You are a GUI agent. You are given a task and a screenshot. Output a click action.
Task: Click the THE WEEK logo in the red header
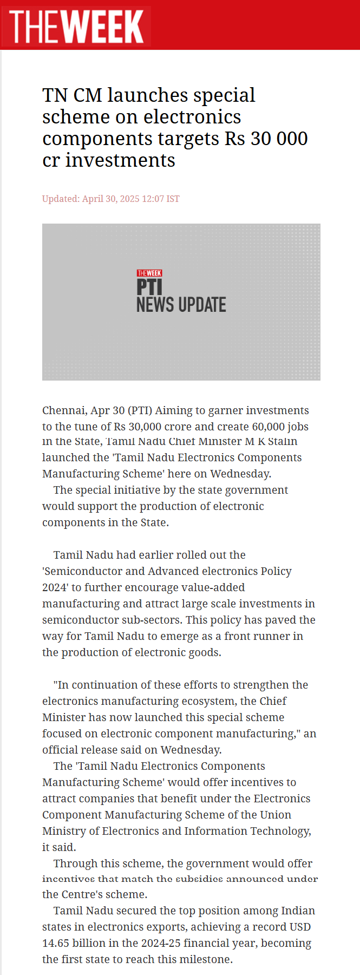(76, 25)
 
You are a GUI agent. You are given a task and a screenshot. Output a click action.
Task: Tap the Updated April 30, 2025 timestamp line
(111, 199)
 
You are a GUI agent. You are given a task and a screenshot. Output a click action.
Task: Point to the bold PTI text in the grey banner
(149, 287)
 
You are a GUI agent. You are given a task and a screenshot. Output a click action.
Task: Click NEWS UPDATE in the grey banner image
(181, 305)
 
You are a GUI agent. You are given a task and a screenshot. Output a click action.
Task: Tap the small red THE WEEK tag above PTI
(149, 273)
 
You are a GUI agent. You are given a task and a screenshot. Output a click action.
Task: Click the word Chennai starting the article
(64, 410)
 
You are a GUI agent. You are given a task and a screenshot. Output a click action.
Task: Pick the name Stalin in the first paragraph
(283, 441)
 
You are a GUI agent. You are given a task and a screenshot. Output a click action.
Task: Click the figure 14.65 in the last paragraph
(56, 943)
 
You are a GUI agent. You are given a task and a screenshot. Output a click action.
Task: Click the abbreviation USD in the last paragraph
(297, 927)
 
